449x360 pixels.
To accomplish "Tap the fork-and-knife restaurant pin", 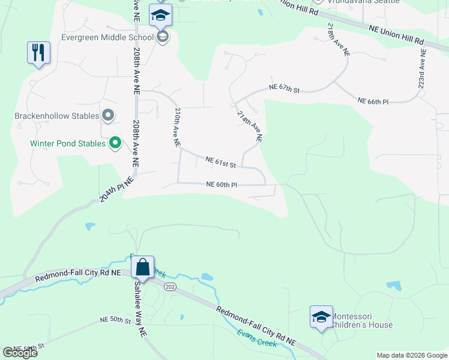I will (38, 53).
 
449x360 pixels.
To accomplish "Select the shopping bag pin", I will (143, 267).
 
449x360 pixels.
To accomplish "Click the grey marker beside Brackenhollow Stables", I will (108, 114).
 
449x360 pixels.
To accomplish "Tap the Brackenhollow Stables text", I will (56, 115).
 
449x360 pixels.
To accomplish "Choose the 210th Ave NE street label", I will (177, 127).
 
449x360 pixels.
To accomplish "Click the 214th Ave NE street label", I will (250, 126).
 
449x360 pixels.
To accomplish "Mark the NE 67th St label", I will (284, 88).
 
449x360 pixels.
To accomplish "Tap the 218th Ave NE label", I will (339, 39).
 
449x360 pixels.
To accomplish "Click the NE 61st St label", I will (220, 161).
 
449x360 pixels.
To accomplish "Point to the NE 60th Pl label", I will (221, 185).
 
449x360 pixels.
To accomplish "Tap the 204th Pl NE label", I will (116, 189).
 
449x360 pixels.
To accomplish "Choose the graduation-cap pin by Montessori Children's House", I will (321, 317).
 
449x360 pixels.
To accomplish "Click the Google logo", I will (20, 353).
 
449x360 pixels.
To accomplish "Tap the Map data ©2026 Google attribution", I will (412, 355).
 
